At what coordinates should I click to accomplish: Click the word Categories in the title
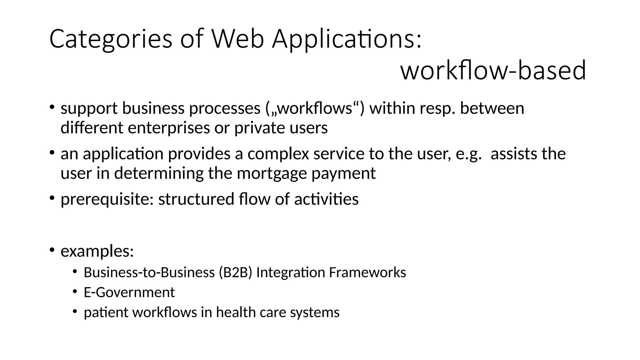point(111,39)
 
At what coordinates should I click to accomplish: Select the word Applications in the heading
point(347,39)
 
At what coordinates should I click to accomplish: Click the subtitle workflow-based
point(493,70)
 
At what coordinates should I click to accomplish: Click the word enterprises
point(169,128)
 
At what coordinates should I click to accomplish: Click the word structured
point(196,199)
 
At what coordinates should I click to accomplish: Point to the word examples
point(97,251)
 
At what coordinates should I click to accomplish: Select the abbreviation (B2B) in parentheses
point(235,272)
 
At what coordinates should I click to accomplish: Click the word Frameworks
point(367,272)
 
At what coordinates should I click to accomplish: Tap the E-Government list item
point(129,292)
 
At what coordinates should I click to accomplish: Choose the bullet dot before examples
point(52,250)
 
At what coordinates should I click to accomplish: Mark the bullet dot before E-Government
point(75,292)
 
